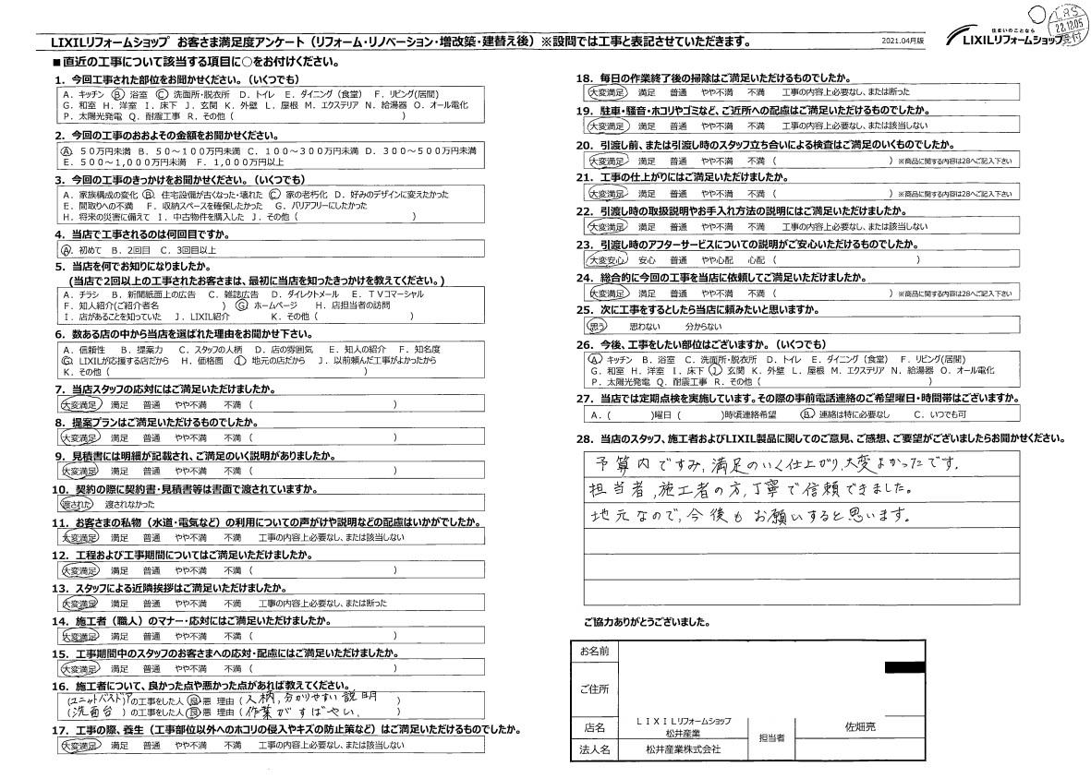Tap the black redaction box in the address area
[904, 667]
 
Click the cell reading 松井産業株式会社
[683, 750]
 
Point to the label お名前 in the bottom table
[594, 652]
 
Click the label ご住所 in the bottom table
[594, 688]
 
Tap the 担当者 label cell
[772, 738]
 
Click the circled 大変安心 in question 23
[606, 260]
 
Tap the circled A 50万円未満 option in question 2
[67, 150]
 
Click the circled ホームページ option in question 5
[270, 304]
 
